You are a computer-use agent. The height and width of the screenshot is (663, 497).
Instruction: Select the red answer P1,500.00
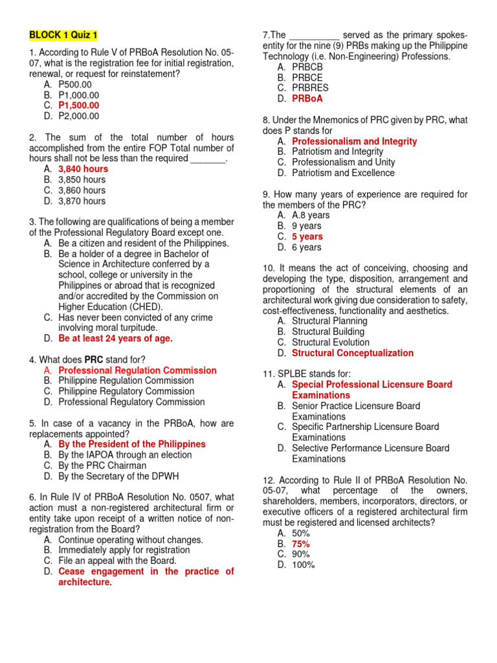tap(78, 106)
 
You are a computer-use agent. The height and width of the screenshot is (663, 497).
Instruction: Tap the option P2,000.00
tap(78, 116)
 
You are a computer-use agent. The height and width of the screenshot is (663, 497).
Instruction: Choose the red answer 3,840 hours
tap(83, 169)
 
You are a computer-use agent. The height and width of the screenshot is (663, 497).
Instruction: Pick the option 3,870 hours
tap(82, 201)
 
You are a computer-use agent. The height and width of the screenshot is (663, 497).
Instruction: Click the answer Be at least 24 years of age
tap(115, 338)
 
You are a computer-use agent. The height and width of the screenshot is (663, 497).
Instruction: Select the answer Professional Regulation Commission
tap(137, 370)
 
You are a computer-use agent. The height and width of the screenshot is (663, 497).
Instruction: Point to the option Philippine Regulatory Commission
tap(126, 391)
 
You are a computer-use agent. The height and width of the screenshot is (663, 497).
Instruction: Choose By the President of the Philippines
tap(131, 444)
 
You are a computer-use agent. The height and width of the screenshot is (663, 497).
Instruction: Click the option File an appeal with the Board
tap(116, 561)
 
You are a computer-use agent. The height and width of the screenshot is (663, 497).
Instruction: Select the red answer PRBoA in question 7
tap(307, 99)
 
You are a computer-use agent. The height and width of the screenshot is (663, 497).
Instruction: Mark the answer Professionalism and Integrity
tap(354, 141)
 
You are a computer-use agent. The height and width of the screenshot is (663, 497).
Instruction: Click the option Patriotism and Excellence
tap(343, 173)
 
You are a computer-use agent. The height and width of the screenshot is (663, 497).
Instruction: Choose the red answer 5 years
tap(307, 236)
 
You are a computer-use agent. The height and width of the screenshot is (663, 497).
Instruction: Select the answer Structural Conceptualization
tap(352, 353)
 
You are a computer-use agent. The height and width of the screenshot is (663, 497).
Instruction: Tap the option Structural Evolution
tap(331, 343)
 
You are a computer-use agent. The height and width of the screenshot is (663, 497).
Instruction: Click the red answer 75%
tap(300, 544)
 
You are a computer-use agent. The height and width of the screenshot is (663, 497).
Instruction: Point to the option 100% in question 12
tap(303, 565)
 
